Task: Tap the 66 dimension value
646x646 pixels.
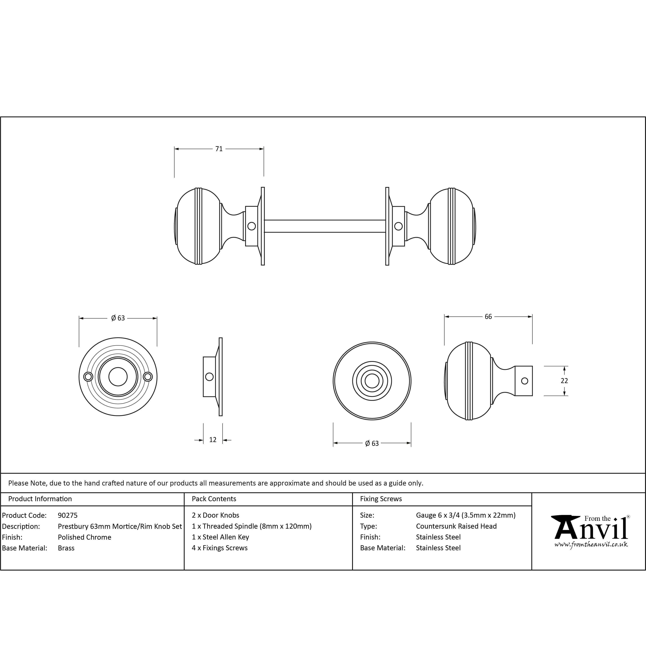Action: [x=488, y=317]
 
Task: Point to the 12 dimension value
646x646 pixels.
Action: [x=213, y=440]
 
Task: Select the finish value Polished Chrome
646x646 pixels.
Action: [x=85, y=537]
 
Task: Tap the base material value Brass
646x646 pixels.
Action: [x=66, y=548]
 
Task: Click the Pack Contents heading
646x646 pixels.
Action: [x=214, y=499]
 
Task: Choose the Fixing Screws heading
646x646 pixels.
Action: [x=381, y=499]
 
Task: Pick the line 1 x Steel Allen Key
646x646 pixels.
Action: [x=220, y=537]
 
